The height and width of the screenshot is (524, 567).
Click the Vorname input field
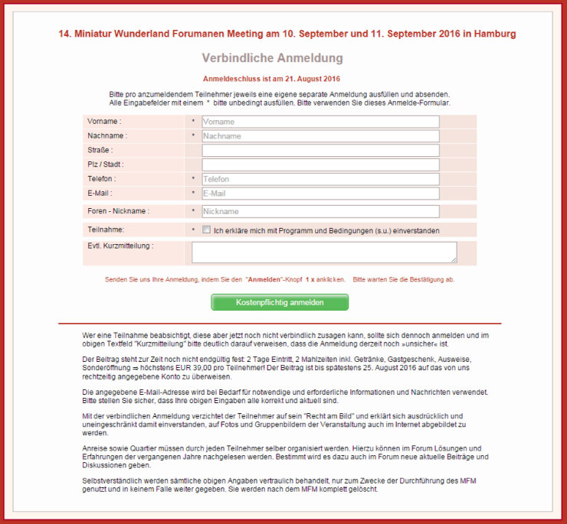pyautogui.click(x=320, y=122)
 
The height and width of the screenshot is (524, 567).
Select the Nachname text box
pyautogui.click(x=320, y=136)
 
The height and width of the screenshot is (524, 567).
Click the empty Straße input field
pyautogui.click(x=320, y=151)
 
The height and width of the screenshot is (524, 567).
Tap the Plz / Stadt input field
pyautogui.click(x=320, y=164)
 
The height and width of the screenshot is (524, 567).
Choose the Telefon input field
pyautogui.click(x=320, y=179)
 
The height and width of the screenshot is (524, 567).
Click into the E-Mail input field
pyautogui.click(x=320, y=194)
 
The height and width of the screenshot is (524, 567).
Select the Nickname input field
pyautogui.click(x=320, y=211)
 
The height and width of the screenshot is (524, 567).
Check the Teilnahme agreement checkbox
pyautogui.click(x=206, y=229)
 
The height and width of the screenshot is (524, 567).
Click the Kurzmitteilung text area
pyautogui.click(x=323, y=252)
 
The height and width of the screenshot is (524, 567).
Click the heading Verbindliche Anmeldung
pyautogui.click(x=272, y=59)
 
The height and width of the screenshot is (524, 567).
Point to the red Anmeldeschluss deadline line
pyautogui.click(x=272, y=79)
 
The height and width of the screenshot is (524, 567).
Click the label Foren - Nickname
pyautogui.click(x=118, y=211)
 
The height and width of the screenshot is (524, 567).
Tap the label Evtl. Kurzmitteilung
pyautogui.click(x=120, y=246)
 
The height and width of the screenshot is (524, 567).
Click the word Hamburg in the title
pyautogui.click(x=493, y=34)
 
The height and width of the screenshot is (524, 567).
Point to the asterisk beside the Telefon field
pyautogui.click(x=193, y=179)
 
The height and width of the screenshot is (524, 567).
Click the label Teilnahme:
pyautogui.click(x=106, y=229)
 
